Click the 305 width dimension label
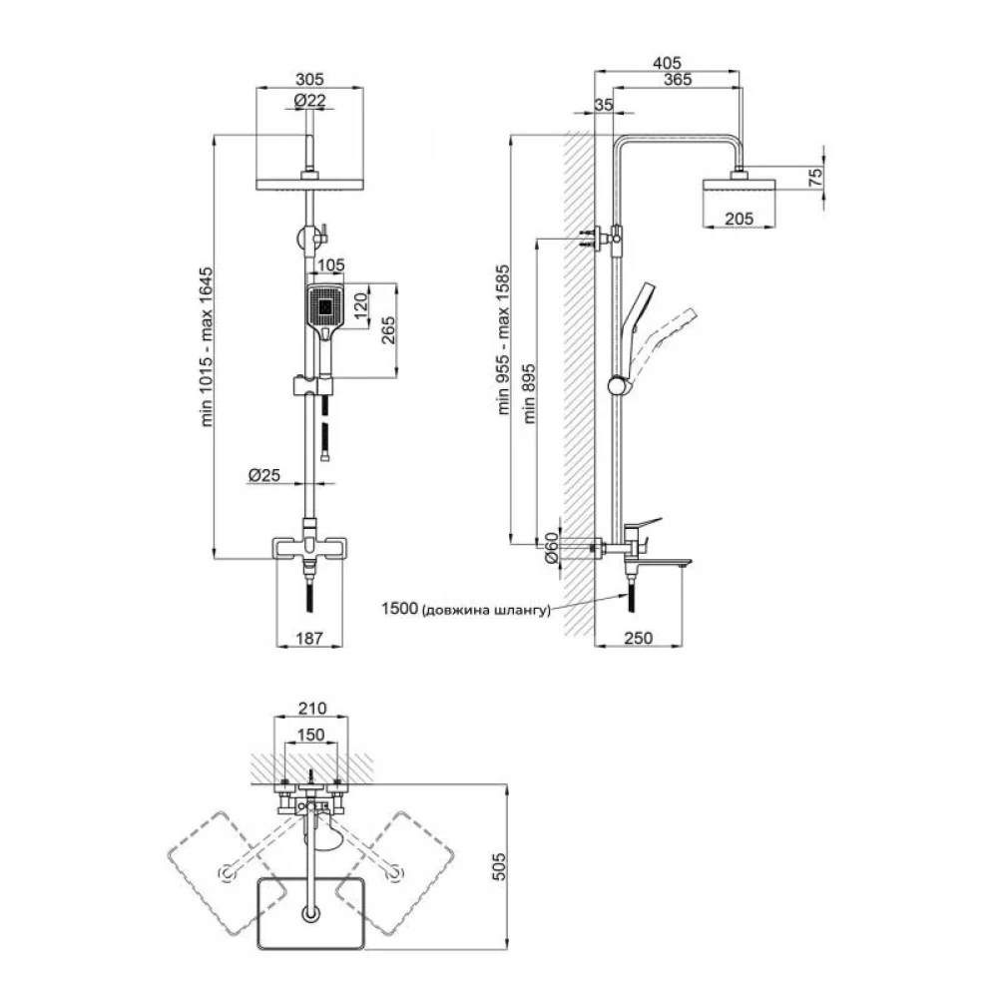click(x=310, y=80)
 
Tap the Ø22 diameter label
click(x=310, y=99)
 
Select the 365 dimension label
click(x=676, y=80)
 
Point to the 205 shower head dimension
click(x=740, y=221)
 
